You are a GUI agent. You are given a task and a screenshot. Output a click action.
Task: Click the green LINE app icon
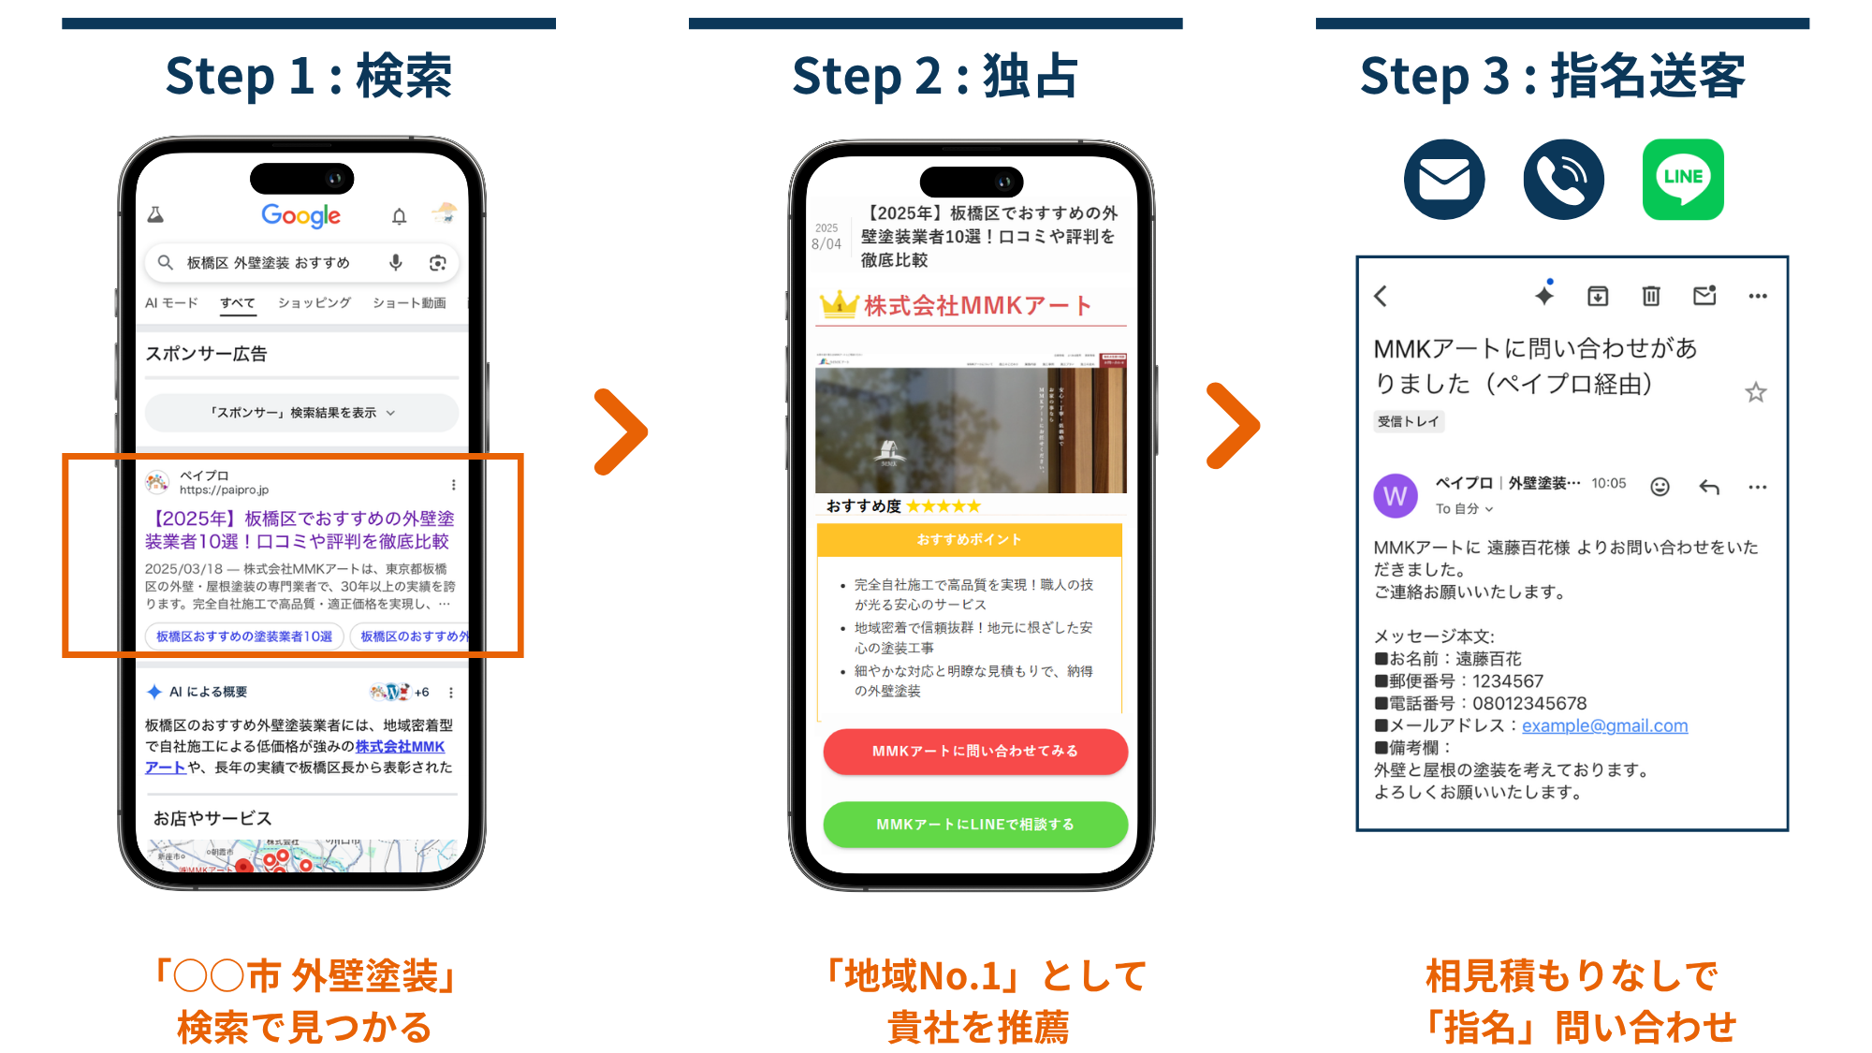tap(1682, 180)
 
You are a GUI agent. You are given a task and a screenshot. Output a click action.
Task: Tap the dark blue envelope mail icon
tap(1443, 180)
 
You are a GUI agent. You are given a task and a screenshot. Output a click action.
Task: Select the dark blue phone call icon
tap(1563, 180)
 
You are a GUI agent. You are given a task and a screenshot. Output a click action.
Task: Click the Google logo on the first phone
tap(300, 216)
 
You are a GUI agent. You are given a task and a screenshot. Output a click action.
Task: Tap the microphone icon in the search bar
tap(396, 263)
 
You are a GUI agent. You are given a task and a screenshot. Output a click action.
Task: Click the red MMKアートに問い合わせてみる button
tap(974, 752)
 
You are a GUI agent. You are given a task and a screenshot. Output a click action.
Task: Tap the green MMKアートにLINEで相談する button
tap(974, 825)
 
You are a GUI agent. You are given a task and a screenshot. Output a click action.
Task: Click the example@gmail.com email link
tap(1604, 725)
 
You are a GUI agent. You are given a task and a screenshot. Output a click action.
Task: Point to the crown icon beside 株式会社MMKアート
tap(839, 304)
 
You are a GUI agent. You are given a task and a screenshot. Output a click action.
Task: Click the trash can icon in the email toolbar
tap(1651, 297)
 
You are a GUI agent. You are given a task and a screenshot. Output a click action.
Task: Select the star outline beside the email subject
tap(1755, 392)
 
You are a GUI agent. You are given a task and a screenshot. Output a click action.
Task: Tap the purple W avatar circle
tap(1395, 495)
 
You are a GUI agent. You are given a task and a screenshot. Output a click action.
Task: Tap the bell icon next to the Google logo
tap(400, 217)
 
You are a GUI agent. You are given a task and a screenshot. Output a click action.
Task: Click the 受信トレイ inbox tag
tap(1408, 421)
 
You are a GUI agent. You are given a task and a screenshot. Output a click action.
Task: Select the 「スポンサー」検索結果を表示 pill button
tap(301, 413)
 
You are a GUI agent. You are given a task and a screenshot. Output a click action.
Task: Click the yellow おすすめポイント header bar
tap(969, 540)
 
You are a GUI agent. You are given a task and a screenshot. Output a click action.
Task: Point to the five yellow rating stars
tap(943, 506)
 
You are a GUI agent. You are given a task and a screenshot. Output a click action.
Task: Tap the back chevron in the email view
tap(1381, 297)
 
